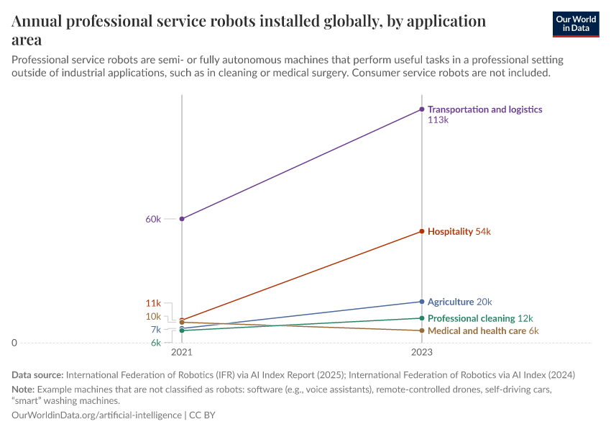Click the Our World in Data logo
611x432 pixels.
point(575,24)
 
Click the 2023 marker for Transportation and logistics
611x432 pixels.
point(422,109)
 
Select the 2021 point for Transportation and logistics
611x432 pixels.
point(182,218)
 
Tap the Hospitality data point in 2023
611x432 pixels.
point(422,231)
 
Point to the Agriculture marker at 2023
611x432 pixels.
point(422,302)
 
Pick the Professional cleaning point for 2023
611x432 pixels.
point(422,318)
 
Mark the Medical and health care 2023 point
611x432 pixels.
point(422,330)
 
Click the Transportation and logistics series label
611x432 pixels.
point(484,109)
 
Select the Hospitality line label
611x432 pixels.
point(450,232)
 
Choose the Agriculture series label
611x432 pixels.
point(451,302)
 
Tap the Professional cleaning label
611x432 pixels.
point(471,318)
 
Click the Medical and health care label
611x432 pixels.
point(477,330)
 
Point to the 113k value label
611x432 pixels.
point(438,121)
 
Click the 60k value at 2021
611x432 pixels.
point(153,219)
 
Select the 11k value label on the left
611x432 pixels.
point(153,303)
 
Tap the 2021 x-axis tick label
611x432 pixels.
point(182,354)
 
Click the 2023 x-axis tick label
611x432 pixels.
point(422,354)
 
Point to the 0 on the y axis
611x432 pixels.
point(14,343)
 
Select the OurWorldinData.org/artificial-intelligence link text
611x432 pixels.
point(97,415)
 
